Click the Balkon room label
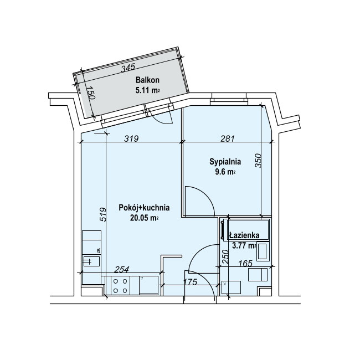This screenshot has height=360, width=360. pyautogui.click(x=147, y=80)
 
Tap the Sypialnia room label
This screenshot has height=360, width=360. pyautogui.click(x=225, y=162)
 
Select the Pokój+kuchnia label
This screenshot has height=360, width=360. pyautogui.click(x=144, y=208)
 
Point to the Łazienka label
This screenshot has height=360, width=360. pyautogui.click(x=244, y=235)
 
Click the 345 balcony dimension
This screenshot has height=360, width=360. pyautogui.click(x=128, y=68)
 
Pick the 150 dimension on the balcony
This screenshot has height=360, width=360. pyautogui.click(x=91, y=92)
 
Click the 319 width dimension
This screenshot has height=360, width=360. pyautogui.click(x=131, y=138)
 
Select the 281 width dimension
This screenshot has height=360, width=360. pyautogui.click(x=228, y=138)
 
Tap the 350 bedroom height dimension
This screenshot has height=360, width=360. pyautogui.click(x=258, y=161)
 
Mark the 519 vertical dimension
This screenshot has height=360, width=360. pyautogui.click(x=103, y=214)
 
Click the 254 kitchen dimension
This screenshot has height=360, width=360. pyautogui.click(x=122, y=269)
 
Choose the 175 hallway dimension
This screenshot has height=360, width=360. pyautogui.click(x=191, y=282)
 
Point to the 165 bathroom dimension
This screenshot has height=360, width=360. pyautogui.click(x=245, y=263)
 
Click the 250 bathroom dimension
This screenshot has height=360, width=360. pyautogui.click(x=225, y=256)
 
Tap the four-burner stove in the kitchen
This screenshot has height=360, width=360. pyautogui.click(x=120, y=285)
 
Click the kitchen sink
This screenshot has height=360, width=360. pyautogui.click(x=91, y=261)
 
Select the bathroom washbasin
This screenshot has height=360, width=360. pyautogui.click(x=263, y=251)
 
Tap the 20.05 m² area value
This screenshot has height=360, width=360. pyautogui.click(x=144, y=218)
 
